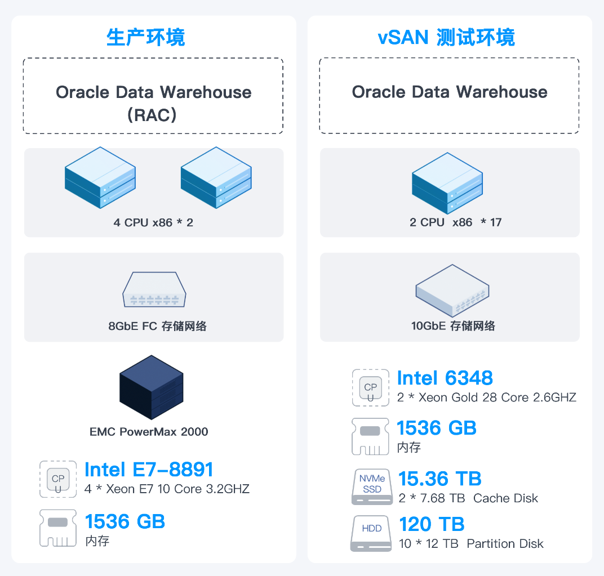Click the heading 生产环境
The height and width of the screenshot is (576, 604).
click(145, 37)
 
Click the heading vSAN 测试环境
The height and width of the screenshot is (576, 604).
click(446, 37)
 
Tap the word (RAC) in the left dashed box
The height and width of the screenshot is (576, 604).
click(153, 115)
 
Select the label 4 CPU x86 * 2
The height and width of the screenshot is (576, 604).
click(153, 222)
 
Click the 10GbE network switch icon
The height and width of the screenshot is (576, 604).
click(452, 290)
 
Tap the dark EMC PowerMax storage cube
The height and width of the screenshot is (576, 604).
click(151, 387)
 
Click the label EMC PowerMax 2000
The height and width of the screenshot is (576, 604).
click(149, 432)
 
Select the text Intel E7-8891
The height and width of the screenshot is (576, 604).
click(149, 470)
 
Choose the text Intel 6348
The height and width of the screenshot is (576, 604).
click(445, 378)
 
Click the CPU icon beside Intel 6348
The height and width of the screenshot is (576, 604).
click(370, 387)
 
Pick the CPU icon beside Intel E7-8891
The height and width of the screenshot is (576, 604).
click(58, 479)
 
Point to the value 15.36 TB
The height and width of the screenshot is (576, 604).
click(439, 479)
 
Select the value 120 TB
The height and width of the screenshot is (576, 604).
click(432, 524)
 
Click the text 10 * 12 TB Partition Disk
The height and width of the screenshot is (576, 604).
click(471, 544)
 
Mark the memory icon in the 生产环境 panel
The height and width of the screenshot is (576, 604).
click(58, 528)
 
